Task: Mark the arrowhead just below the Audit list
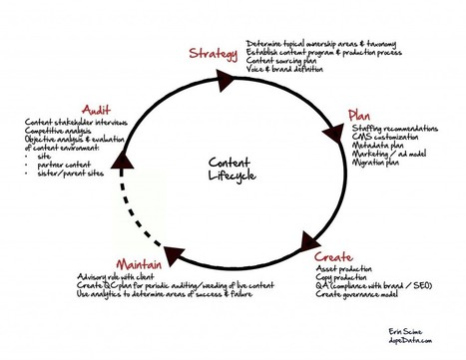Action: (122, 157)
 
